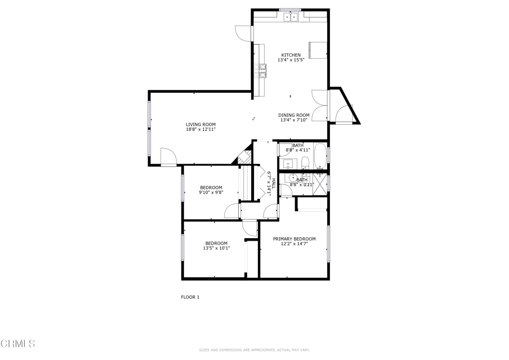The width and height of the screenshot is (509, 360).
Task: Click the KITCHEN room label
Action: tap(291, 55)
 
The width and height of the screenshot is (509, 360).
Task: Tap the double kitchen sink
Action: tap(290, 17)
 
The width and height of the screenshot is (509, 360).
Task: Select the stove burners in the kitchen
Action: tap(261, 71)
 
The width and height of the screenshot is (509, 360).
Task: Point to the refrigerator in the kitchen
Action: tap(318, 50)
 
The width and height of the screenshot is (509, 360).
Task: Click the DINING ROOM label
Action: tap(294, 115)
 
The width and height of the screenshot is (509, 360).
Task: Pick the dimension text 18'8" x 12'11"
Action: tap(200, 129)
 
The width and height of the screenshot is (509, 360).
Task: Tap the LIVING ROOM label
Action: tap(200, 124)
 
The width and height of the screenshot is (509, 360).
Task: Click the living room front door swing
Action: tap(168, 157)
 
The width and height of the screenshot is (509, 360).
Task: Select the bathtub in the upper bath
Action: tap(320, 155)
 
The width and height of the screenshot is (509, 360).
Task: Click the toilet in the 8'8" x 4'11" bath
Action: tap(305, 162)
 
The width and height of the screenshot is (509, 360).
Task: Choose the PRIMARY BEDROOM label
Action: tap(294, 239)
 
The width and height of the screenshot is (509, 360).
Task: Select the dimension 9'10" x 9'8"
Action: tap(211, 192)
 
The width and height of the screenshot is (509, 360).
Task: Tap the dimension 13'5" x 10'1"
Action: tap(216, 248)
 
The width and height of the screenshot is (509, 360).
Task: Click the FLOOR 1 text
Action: tap(190, 297)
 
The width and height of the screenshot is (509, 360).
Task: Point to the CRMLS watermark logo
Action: tap(18, 343)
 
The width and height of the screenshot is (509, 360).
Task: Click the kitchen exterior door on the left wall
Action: tap(244, 34)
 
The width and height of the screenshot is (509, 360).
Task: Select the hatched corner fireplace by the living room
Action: tap(243, 157)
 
